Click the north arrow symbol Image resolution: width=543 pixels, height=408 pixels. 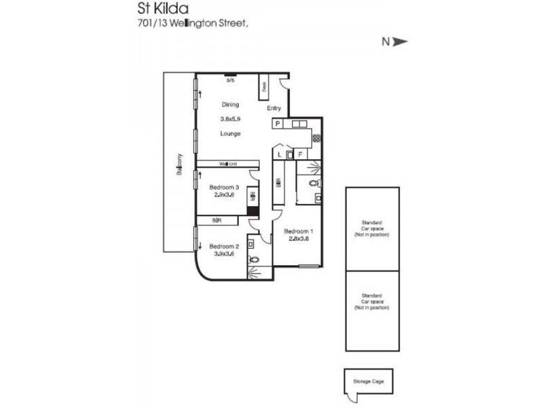400,41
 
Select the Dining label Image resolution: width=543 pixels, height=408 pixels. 230,105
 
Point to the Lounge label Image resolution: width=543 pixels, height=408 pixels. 230,133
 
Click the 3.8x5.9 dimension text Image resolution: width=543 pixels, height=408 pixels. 230,119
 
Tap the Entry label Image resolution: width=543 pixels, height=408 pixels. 274,109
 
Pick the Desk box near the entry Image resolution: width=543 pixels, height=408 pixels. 264,87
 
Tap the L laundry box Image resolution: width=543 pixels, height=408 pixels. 280,154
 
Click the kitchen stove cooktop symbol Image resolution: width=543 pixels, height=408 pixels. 316,138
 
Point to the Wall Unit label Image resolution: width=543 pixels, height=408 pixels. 227,164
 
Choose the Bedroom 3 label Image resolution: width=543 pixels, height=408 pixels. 224,188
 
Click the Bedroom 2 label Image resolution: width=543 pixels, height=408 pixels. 224,246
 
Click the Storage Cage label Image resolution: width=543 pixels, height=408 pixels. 368,381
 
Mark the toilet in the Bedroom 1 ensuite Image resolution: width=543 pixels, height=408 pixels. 313,184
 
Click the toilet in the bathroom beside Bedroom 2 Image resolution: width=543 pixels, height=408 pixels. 254,259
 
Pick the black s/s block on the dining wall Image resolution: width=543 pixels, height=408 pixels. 231,75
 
